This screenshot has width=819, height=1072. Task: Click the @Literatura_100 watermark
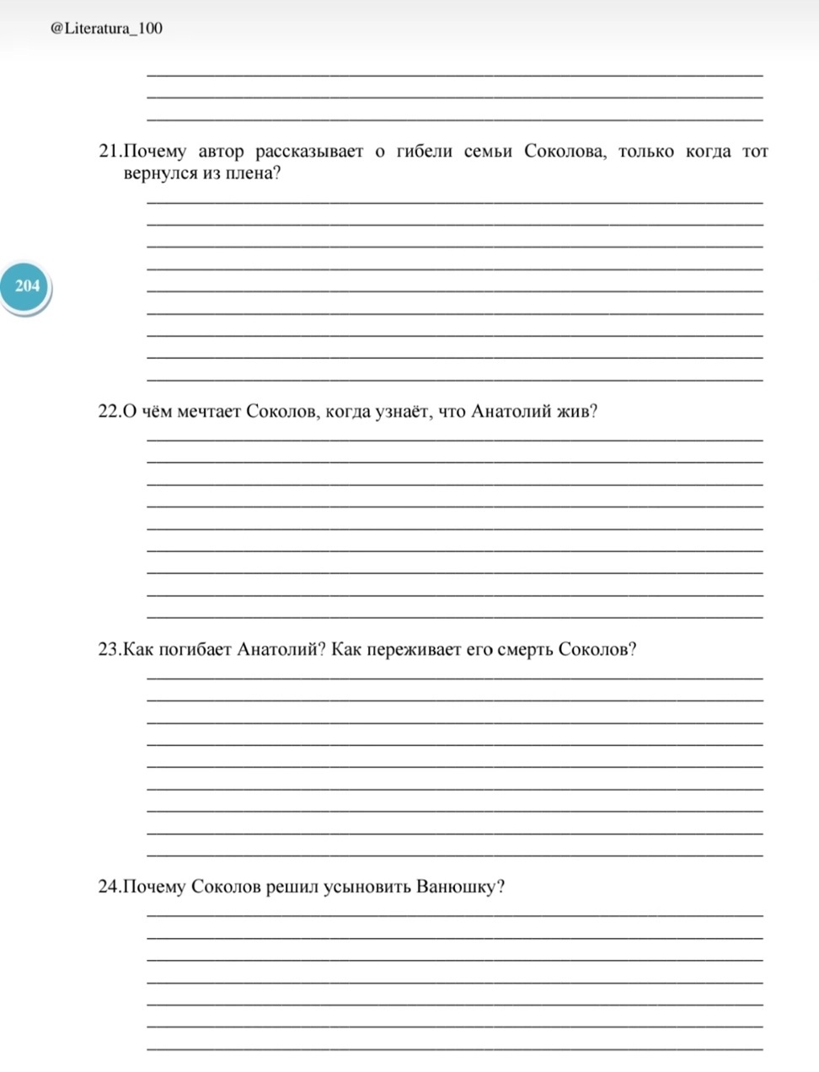106,29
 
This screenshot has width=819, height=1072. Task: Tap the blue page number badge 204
27,286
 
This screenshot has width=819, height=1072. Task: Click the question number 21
110,152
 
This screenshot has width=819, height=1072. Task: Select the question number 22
110,412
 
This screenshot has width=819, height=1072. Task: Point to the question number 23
110,649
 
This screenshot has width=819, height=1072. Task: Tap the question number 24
110,887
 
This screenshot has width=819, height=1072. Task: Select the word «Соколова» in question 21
564,152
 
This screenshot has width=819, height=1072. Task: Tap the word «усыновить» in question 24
367,887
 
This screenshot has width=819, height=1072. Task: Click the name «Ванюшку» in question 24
458,887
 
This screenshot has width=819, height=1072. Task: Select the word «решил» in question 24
292,887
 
